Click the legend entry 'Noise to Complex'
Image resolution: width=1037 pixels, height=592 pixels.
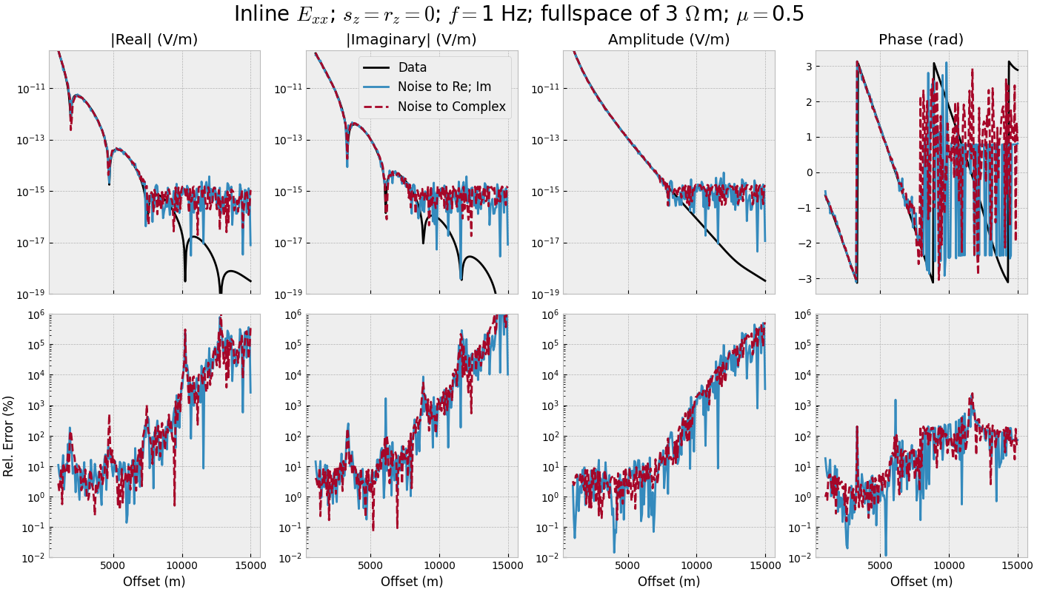pyautogui.click(x=451, y=107)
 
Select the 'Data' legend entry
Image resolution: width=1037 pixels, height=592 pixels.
pyautogui.click(x=412, y=67)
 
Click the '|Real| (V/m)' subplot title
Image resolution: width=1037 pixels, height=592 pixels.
pyautogui.click(x=154, y=40)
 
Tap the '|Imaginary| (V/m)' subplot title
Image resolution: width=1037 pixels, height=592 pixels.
pyautogui.click(x=411, y=40)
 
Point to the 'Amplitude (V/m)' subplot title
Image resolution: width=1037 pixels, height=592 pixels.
pyautogui.click(x=668, y=40)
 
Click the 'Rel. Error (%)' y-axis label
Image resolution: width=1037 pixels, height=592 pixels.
pyautogui.click(x=9, y=436)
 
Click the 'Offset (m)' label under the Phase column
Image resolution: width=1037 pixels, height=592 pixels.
pyautogui.click(x=921, y=582)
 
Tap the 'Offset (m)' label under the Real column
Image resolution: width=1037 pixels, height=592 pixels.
pyautogui.click(x=154, y=582)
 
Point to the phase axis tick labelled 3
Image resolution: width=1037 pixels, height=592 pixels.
pyautogui.click(x=808, y=67)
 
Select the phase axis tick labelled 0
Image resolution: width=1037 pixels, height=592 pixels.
pyautogui.click(x=808, y=172)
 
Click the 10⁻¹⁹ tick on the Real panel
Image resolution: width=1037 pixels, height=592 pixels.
pyautogui.click(x=30, y=294)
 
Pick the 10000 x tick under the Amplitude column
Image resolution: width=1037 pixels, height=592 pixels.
pyautogui.click(x=696, y=566)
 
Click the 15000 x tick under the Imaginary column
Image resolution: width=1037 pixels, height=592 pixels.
pyautogui.click(x=507, y=566)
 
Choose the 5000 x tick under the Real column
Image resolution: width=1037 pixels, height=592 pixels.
pyautogui.click(x=113, y=566)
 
